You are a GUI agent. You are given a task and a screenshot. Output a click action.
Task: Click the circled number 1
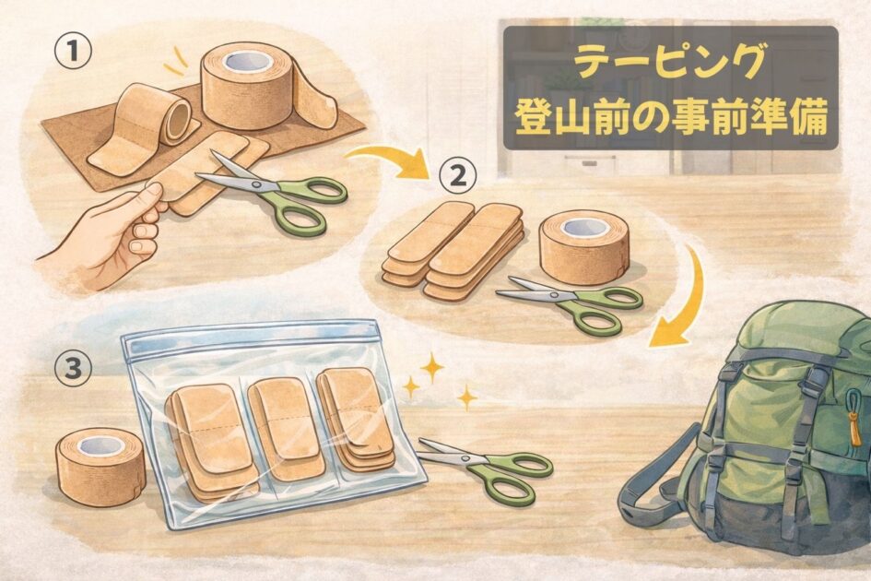click(x=73, y=53)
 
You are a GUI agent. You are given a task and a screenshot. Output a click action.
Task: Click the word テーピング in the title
click(x=671, y=64)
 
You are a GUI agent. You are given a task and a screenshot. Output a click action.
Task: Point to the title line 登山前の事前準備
click(x=671, y=118)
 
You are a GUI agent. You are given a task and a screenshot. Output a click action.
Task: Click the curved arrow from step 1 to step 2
click(x=389, y=158)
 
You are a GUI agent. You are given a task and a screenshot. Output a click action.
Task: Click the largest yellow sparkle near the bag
click(x=432, y=367)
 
